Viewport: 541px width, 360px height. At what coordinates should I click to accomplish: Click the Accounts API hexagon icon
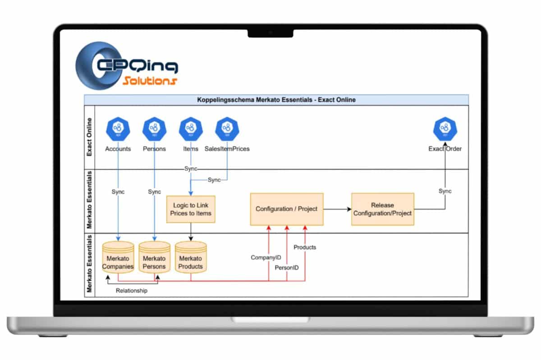tap(118, 129)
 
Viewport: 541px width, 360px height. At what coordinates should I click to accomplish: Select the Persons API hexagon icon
tap(154, 129)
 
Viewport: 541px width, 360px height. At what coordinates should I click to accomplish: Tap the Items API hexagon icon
tap(191, 129)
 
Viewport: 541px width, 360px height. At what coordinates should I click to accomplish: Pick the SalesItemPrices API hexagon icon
tap(227, 129)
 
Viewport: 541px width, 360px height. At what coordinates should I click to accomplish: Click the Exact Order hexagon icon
tap(445, 129)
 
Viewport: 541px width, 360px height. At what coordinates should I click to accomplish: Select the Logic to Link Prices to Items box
tap(191, 209)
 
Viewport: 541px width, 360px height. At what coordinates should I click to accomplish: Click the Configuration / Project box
tap(286, 209)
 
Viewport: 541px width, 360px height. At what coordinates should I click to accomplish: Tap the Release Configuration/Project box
tap(382, 209)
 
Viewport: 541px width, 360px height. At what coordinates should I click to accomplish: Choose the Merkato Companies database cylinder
tap(118, 259)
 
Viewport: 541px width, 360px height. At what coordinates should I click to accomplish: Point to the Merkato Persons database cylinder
tap(154, 259)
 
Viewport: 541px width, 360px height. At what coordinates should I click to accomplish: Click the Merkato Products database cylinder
tap(191, 259)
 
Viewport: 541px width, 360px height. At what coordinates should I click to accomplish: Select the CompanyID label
tap(266, 258)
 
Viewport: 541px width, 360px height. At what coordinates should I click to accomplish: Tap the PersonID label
tap(287, 268)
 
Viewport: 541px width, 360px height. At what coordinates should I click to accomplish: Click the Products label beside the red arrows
tap(305, 247)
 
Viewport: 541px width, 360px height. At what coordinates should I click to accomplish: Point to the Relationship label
tap(132, 291)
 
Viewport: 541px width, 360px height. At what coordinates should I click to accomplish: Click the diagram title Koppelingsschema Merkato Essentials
tap(276, 100)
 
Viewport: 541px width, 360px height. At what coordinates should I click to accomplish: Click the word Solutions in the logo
tap(149, 81)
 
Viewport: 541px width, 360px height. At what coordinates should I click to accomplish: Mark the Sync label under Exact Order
tap(445, 191)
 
